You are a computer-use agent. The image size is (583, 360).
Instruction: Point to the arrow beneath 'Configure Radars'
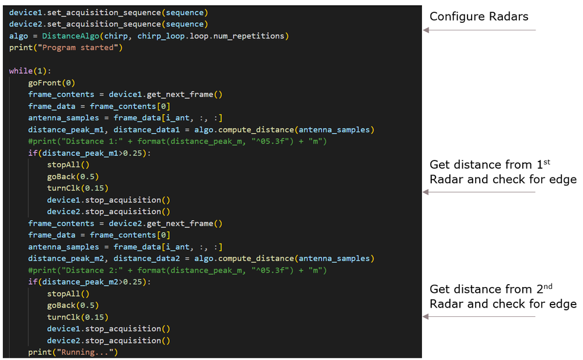479,30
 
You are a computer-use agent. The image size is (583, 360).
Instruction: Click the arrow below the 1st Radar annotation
479,192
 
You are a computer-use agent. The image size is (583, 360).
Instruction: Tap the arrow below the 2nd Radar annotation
479,316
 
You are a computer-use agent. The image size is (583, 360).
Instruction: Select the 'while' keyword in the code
21,71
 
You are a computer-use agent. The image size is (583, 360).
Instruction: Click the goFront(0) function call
51,83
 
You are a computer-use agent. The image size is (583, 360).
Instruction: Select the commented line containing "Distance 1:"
177,141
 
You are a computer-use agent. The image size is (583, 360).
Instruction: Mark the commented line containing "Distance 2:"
177,270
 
